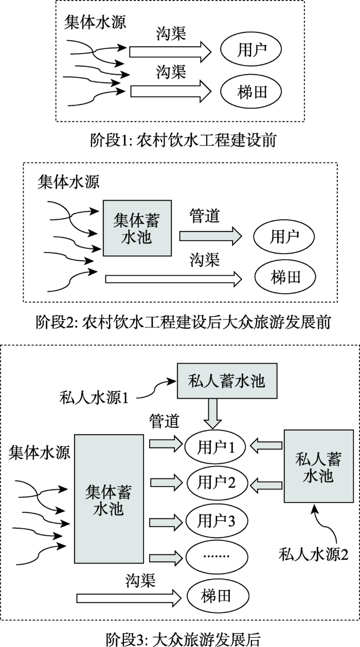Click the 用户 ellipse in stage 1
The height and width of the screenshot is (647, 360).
[x=251, y=49]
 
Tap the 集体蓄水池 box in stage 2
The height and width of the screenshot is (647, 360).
[x=137, y=228]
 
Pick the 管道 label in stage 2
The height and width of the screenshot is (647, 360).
[x=205, y=216]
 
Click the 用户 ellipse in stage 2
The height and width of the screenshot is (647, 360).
[x=284, y=236]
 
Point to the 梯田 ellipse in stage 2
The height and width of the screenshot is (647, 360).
[x=285, y=277]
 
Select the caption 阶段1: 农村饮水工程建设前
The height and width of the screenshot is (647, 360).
[x=183, y=140]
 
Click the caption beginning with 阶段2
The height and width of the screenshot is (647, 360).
[x=183, y=322]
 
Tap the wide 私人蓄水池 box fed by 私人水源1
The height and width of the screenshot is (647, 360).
[x=227, y=381]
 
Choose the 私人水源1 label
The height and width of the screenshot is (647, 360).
[x=94, y=398]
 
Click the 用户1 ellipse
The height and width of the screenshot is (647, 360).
[x=215, y=446]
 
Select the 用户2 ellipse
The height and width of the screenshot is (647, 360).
[x=217, y=482]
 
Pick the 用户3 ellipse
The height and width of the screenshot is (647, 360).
[x=217, y=521]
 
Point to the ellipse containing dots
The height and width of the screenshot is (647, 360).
[x=217, y=556]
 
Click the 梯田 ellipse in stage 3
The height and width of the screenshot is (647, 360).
[x=218, y=596]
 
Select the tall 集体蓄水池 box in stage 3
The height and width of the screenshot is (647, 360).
[x=109, y=499]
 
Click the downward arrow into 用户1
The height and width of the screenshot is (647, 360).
[x=212, y=414]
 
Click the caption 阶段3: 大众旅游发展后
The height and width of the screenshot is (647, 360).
[x=183, y=639]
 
